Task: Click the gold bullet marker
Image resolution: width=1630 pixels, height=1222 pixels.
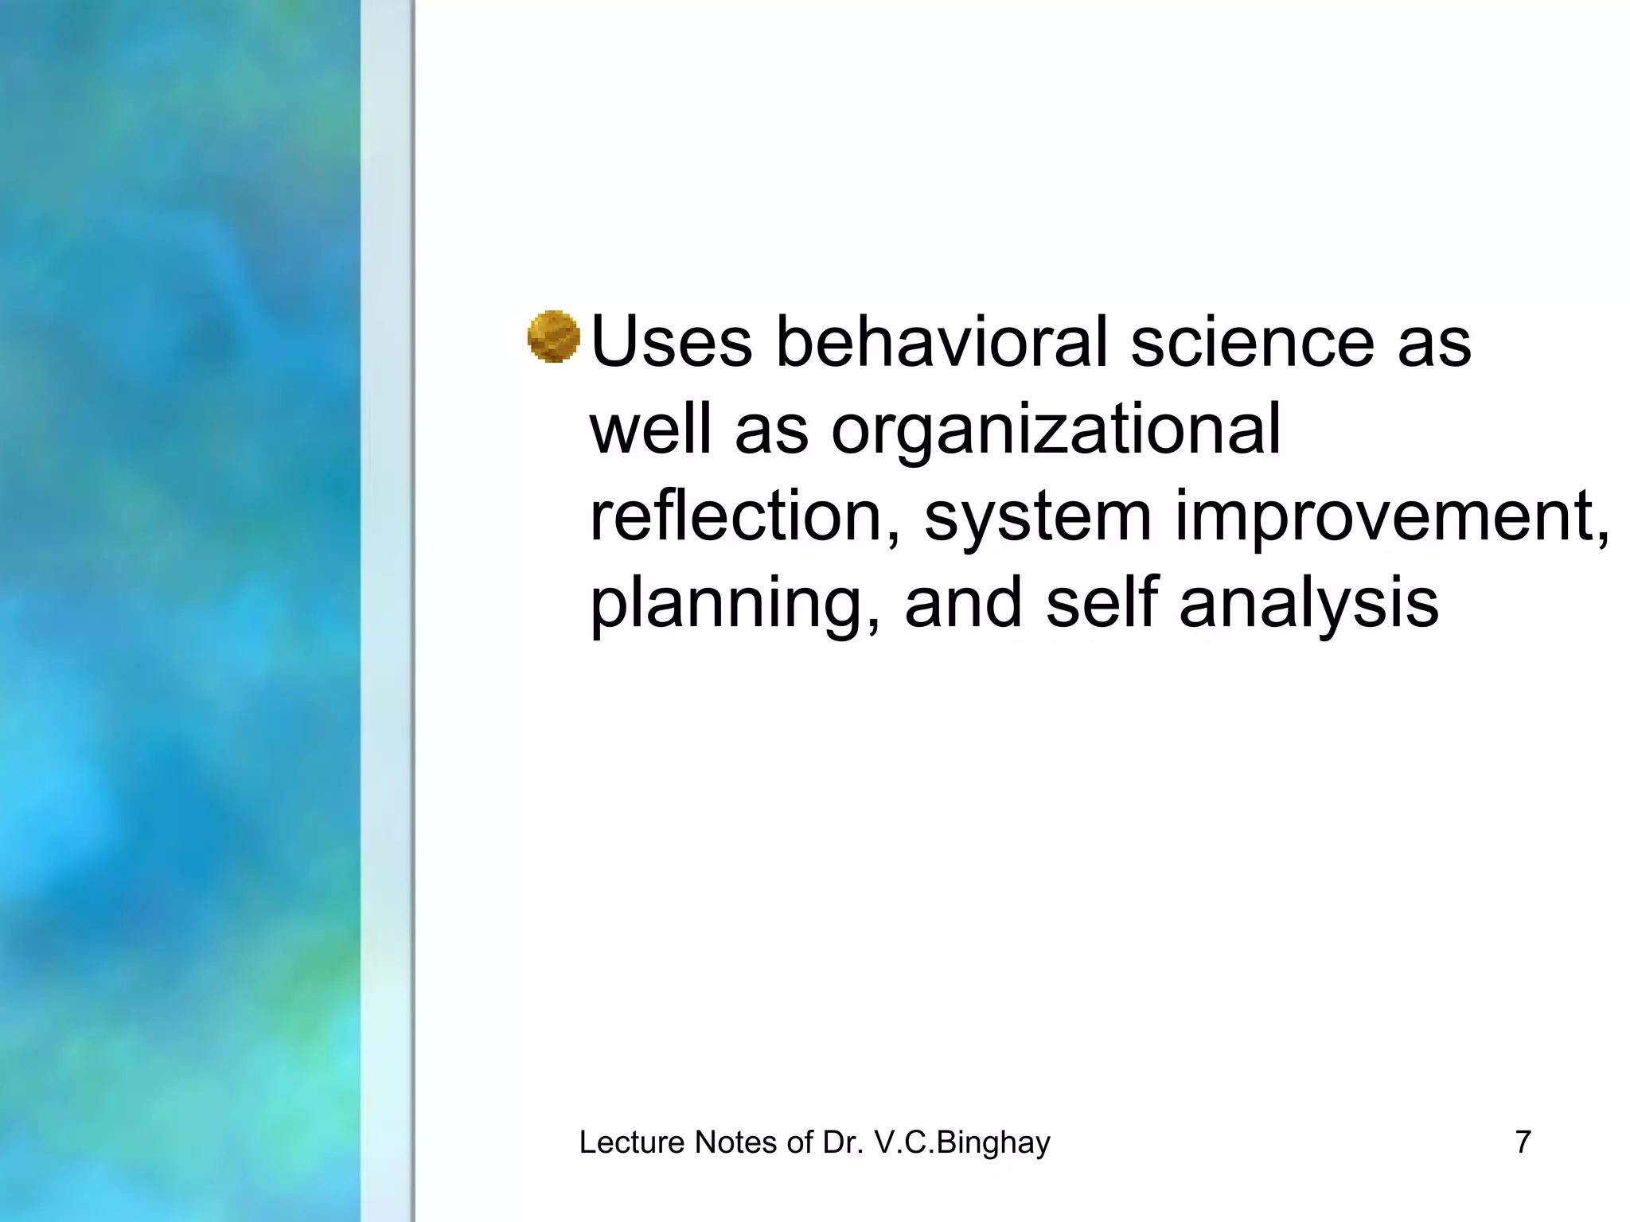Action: (x=553, y=337)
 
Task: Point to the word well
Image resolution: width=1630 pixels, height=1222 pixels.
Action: (x=650, y=430)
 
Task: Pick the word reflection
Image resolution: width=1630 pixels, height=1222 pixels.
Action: (x=745, y=517)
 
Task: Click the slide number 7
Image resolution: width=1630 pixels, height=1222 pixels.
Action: (x=1523, y=1142)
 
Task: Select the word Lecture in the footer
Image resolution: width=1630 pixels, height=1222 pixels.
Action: (x=632, y=1142)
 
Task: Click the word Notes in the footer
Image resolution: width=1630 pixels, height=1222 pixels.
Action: (x=735, y=1142)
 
